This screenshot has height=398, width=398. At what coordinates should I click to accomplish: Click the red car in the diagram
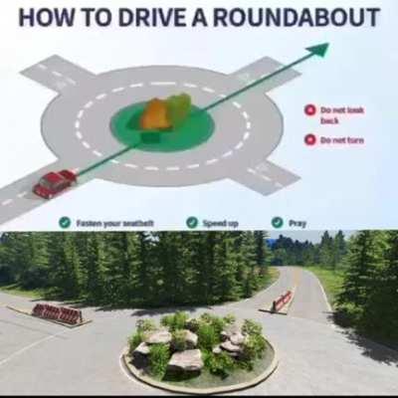click(x=54, y=182)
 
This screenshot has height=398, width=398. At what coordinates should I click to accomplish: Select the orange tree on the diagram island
click(x=155, y=113)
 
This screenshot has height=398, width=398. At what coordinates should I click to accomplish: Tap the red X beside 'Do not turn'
click(x=310, y=139)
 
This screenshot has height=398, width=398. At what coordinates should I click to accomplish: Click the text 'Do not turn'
click(x=341, y=140)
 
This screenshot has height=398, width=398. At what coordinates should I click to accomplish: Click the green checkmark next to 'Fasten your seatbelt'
click(x=65, y=223)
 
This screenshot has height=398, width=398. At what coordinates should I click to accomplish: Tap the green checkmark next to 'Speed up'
click(x=192, y=223)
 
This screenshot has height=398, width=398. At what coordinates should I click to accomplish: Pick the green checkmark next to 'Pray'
click(x=278, y=223)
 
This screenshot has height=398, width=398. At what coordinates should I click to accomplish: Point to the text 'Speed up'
click(x=220, y=223)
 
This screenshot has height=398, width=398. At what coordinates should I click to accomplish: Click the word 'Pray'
click(x=298, y=223)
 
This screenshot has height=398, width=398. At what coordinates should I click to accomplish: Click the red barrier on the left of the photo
click(x=58, y=313)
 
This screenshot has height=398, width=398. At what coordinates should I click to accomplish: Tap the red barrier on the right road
click(x=282, y=299)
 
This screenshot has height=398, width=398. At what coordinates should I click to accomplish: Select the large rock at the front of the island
click(x=185, y=359)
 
